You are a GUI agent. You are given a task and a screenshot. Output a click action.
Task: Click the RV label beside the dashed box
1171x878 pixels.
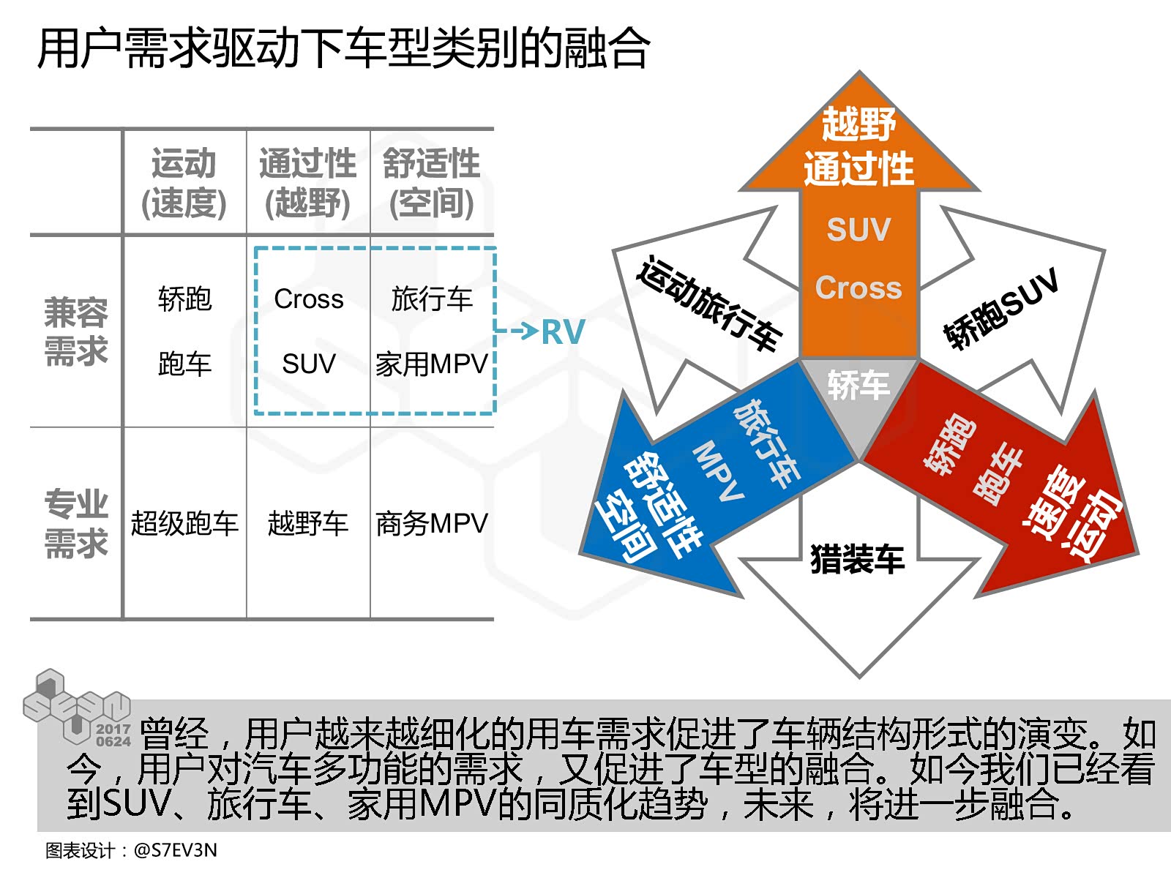click(563, 332)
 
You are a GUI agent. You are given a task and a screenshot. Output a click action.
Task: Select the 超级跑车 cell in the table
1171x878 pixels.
click(184, 524)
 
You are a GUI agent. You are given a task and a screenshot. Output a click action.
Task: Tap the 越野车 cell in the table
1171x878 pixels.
click(308, 524)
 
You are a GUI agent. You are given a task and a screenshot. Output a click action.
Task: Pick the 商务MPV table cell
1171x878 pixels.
click(432, 524)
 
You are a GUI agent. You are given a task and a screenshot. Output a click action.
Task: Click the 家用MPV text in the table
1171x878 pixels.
click(432, 364)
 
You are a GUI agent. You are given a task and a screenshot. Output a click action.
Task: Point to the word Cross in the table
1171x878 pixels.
click(309, 299)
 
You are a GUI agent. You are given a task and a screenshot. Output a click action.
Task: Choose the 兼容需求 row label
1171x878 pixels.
click(76, 331)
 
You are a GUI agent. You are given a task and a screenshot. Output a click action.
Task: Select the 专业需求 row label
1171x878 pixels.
click(76, 524)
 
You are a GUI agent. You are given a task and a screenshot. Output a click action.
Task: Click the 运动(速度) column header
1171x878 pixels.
click(184, 183)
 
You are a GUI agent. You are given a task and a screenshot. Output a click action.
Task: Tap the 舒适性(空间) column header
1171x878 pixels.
click(432, 183)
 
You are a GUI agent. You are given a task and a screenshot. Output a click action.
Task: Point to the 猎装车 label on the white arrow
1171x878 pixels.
click(858, 560)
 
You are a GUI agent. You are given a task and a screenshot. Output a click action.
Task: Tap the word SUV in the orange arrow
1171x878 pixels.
click(858, 230)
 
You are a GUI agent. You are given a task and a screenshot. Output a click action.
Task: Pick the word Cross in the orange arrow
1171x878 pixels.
click(858, 288)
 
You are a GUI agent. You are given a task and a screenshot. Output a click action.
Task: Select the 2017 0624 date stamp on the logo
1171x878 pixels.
click(113, 735)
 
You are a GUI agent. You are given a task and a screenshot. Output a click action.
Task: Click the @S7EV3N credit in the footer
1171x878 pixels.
click(176, 850)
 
